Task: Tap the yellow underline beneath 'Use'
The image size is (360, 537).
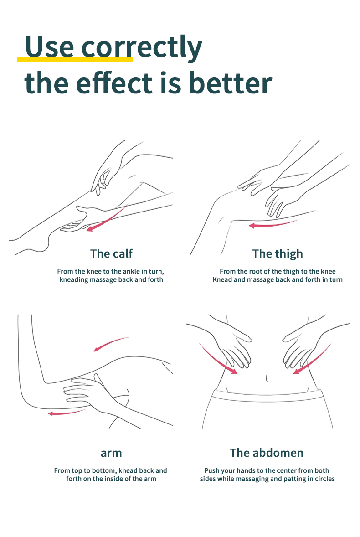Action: coord(75,59)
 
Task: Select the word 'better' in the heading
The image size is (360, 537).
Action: coord(230,83)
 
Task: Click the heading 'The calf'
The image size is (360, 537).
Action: coord(111,253)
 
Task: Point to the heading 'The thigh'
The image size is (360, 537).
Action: coord(278,254)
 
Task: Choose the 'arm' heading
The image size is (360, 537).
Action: coord(111,453)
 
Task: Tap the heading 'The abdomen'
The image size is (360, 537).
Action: coord(267,453)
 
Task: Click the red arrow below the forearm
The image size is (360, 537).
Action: coord(67,413)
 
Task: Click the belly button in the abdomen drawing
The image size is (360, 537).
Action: coord(267,378)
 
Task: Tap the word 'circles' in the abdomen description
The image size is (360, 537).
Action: coord(324,479)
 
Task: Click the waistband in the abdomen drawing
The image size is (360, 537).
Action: coord(267,396)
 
